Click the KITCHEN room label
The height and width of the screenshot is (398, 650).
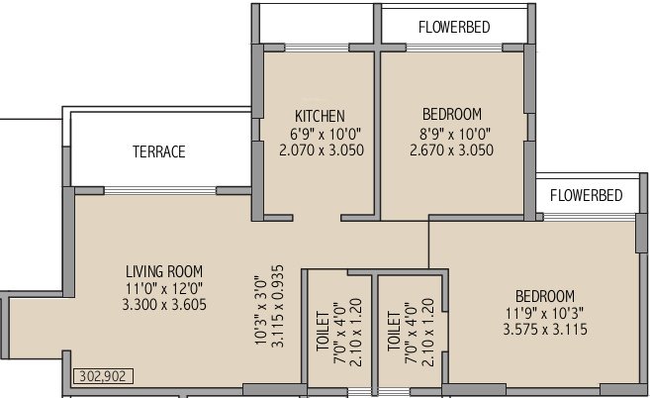(x=319, y=115)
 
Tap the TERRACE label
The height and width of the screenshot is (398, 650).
(x=159, y=152)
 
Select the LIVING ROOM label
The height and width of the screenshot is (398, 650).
(x=164, y=270)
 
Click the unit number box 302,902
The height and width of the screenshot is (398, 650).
(x=102, y=377)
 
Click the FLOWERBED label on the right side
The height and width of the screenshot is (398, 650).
(x=586, y=195)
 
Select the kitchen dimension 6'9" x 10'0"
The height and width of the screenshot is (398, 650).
(x=319, y=133)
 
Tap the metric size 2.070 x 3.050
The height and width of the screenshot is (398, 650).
(x=319, y=150)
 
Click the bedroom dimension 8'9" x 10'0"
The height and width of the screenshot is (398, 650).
(x=451, y=133)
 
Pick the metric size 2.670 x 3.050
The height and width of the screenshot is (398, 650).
(x=451, y=150)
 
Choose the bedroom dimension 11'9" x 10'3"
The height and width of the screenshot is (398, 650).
(x=544, y=314)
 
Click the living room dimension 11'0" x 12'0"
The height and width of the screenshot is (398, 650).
(x=164, y=288)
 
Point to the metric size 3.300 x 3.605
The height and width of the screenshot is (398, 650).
(x=164, y=306)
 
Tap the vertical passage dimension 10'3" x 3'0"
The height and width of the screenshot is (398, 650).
(x=261, y=310)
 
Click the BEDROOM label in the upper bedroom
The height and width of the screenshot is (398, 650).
(x=451, y=114)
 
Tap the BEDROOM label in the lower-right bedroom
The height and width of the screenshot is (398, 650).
(x=544, y=296)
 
